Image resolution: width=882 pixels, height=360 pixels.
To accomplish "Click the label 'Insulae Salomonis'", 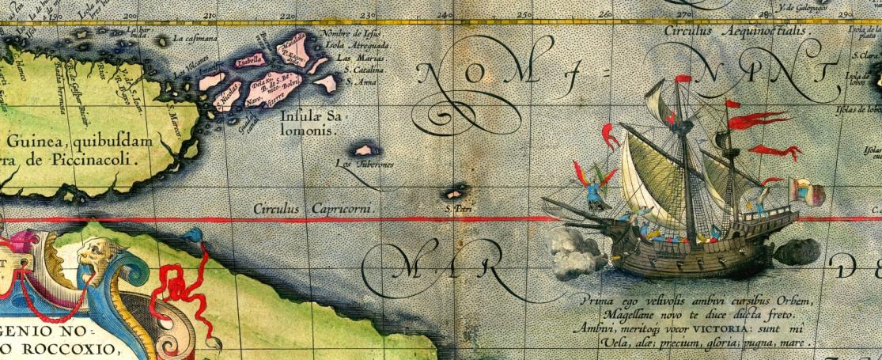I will (x=309, y=123).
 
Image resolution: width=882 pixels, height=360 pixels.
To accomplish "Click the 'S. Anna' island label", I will (x=361, y=81).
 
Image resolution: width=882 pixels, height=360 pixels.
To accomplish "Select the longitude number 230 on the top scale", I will (x=366, y=15).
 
